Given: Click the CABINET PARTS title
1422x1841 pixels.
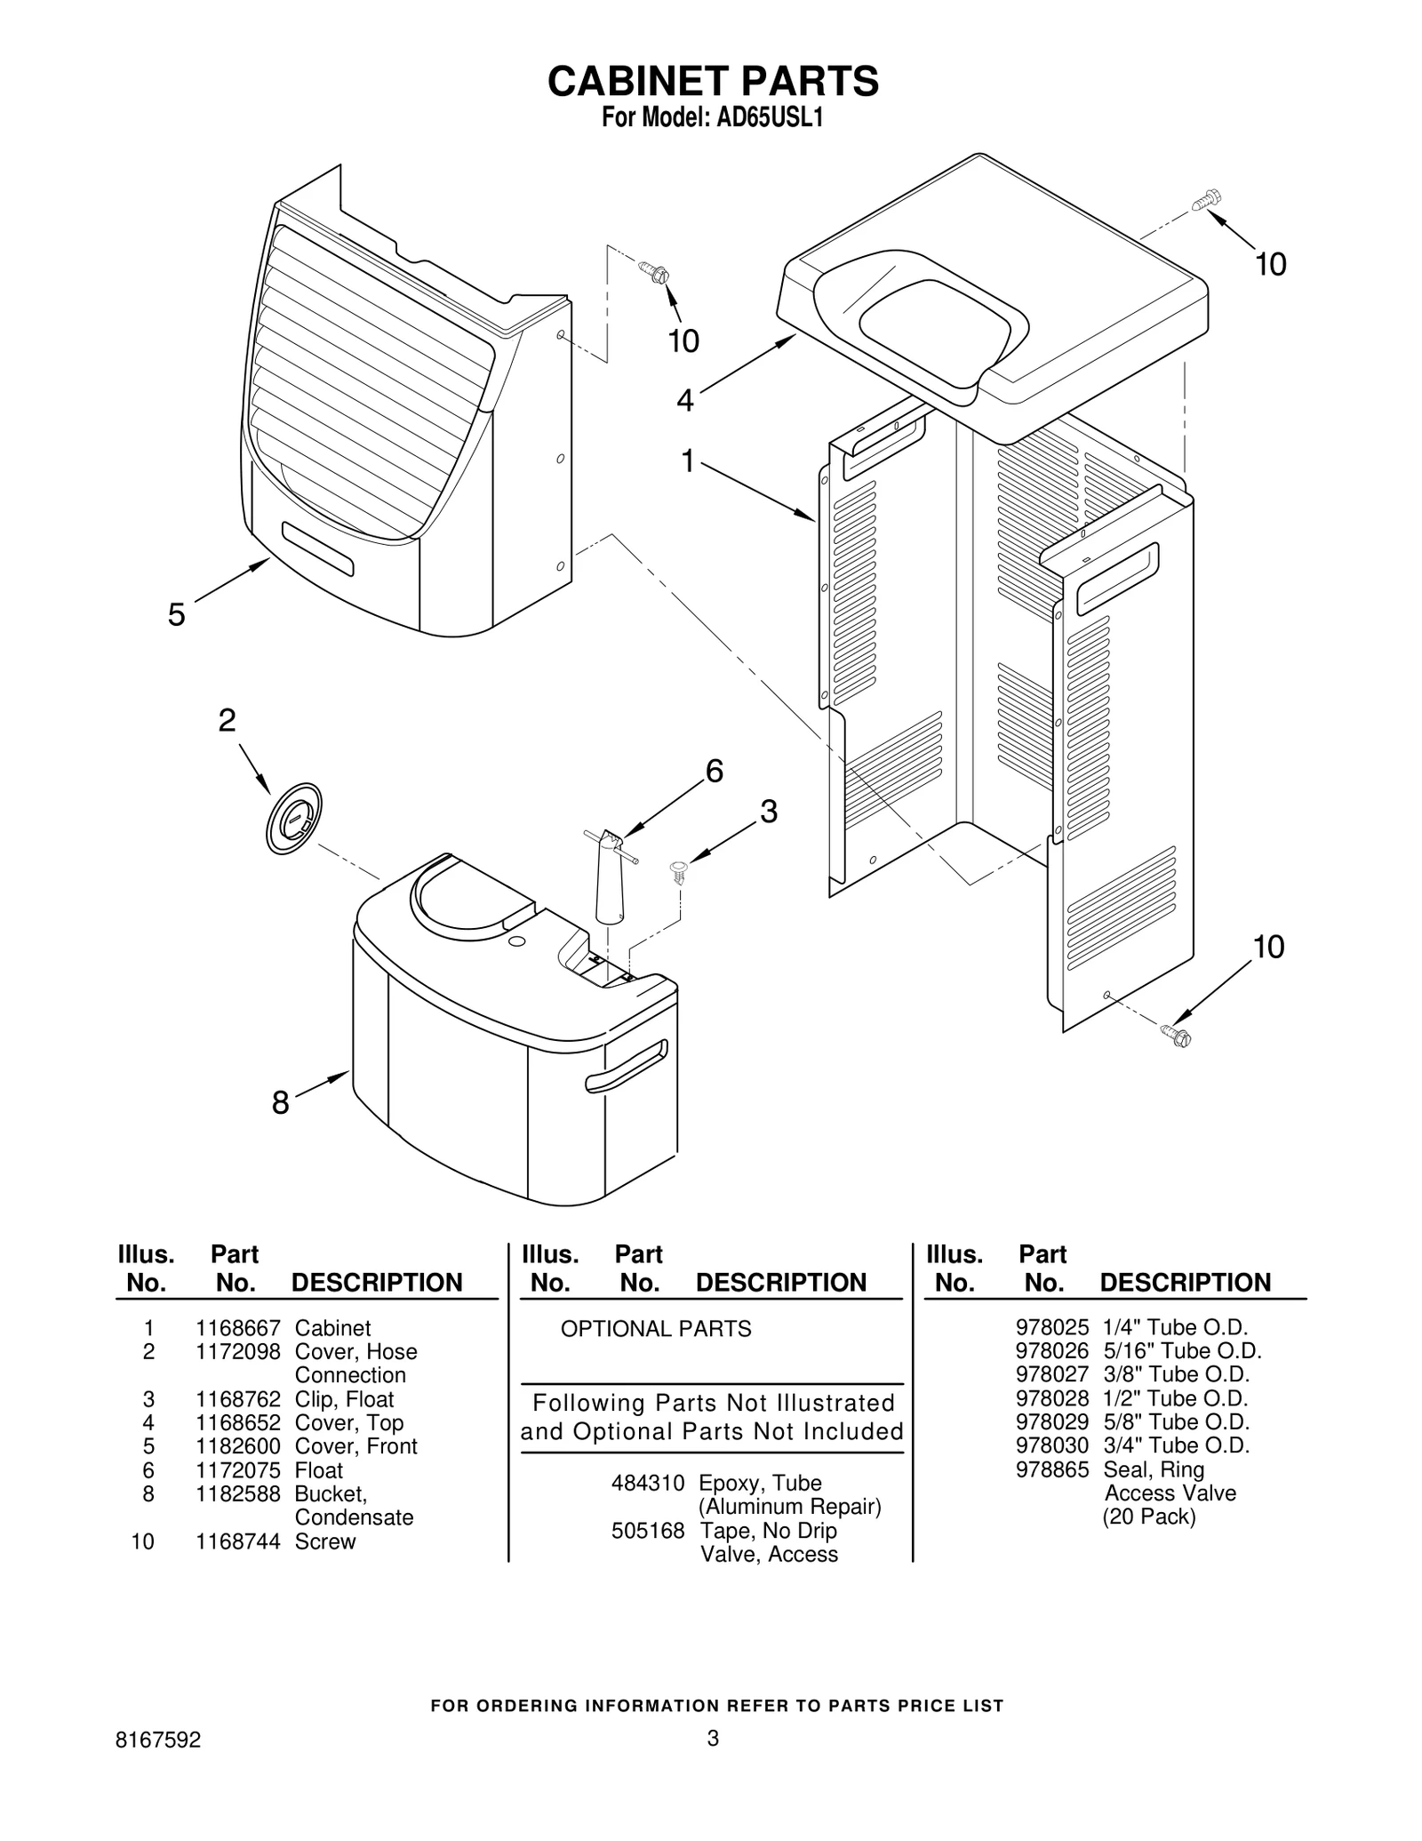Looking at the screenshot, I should point(713,81).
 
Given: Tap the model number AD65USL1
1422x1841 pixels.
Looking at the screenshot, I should point(770,118).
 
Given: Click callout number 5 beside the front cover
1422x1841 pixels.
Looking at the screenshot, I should point(177,614).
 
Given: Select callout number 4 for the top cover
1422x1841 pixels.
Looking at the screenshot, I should point(684,401).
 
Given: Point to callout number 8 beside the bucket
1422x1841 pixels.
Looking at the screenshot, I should point(280,1103).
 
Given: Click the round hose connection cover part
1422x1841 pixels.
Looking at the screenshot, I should point(293,819).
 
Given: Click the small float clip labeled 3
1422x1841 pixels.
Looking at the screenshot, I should point(680,870).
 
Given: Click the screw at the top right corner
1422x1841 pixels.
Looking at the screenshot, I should point(1206,199).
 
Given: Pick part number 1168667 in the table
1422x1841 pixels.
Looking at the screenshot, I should point(238,1328).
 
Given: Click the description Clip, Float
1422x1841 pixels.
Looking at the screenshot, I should point(344,1399).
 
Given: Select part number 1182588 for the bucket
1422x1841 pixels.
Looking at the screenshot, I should point(238,1493).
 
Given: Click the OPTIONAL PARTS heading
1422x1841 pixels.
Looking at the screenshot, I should point(656,1329).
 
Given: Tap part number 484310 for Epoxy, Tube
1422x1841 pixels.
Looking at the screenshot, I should point(648,1483).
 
